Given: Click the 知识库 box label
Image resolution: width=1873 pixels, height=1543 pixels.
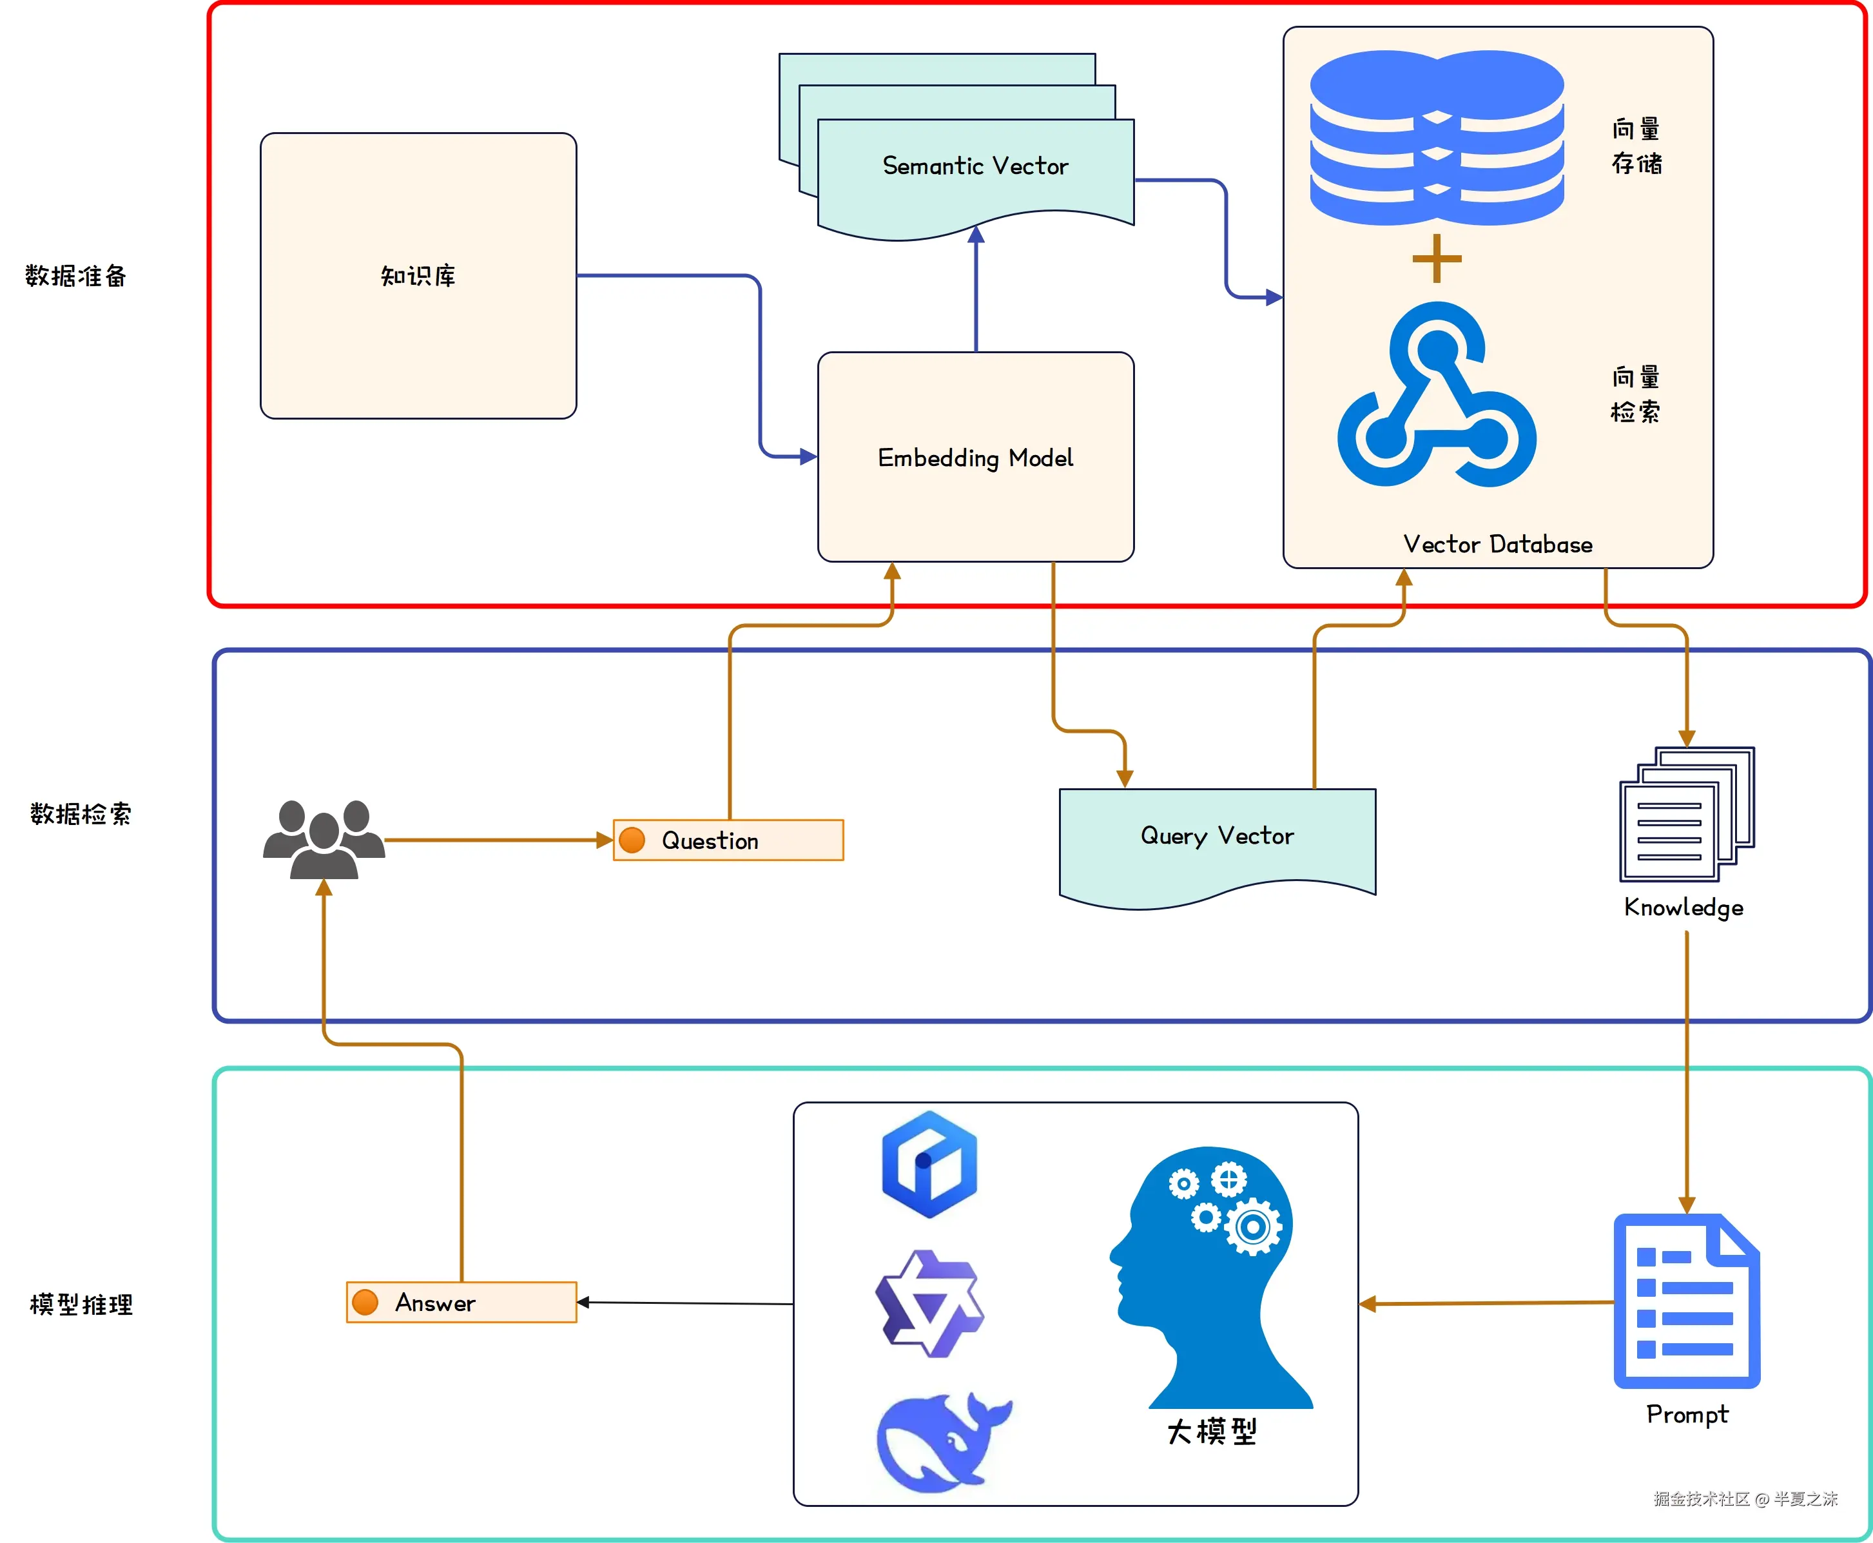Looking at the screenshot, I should click(418, 277).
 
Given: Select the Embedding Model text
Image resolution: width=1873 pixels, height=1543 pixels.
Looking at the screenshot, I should click(975, 458).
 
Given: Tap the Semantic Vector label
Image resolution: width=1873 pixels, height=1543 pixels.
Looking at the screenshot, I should click(975, 166).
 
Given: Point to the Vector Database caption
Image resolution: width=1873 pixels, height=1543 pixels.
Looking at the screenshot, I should click(1498, 544).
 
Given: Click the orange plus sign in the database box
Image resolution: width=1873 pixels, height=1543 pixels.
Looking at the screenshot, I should click(1437, 258).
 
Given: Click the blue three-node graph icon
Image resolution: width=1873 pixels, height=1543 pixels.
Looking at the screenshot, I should click(1437, 396).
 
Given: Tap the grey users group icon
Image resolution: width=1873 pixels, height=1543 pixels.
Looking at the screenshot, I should click(324, 839).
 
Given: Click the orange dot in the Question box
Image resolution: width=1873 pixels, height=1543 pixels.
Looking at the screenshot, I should click(632, 840).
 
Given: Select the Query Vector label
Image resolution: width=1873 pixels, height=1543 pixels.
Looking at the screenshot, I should click(1217, 835).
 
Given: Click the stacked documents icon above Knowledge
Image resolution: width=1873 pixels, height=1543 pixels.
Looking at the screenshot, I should click(1686, 814).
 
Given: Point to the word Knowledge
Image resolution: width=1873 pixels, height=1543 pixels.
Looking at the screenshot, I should click(1684, 907).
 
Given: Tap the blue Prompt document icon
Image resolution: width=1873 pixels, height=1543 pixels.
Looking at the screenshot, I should click(1686, 1301).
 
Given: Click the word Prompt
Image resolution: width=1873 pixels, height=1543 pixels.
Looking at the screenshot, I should click(1686, 1414).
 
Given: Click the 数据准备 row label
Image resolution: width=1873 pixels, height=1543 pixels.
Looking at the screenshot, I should click(75, 277).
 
